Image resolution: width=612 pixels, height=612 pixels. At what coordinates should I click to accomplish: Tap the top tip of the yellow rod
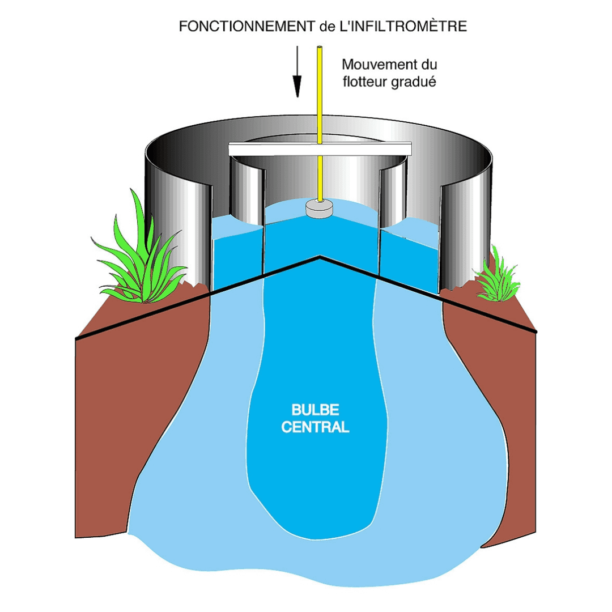(x=320, y=48)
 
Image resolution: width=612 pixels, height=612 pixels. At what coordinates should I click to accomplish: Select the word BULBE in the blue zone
(x=314, y=410)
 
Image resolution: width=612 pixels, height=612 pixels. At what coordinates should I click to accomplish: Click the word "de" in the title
(x=323, y=27)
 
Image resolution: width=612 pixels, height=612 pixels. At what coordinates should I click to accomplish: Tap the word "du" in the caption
(x=428, y=64)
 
